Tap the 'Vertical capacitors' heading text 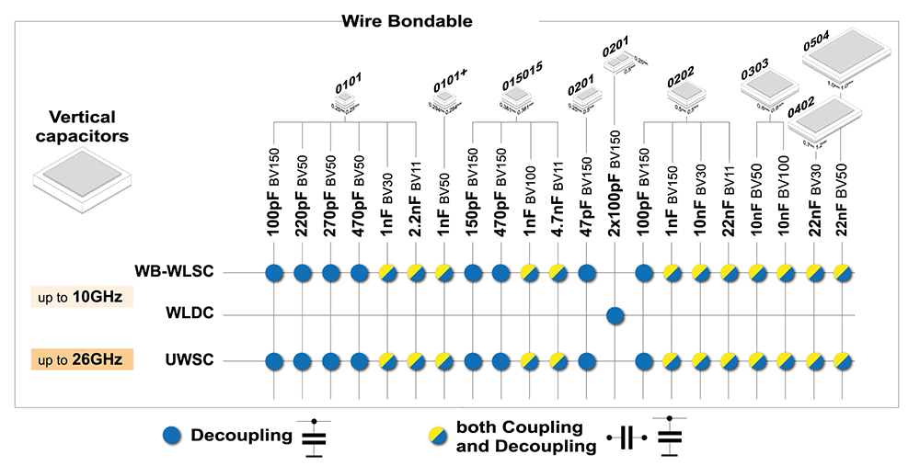click(x=82, y=127)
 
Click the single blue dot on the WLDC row click(x=615, y=316)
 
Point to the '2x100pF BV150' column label click(x=615, y=184)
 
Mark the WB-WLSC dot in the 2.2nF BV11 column click(x=417, y=272)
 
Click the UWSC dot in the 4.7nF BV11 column click(x=558, y=360)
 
